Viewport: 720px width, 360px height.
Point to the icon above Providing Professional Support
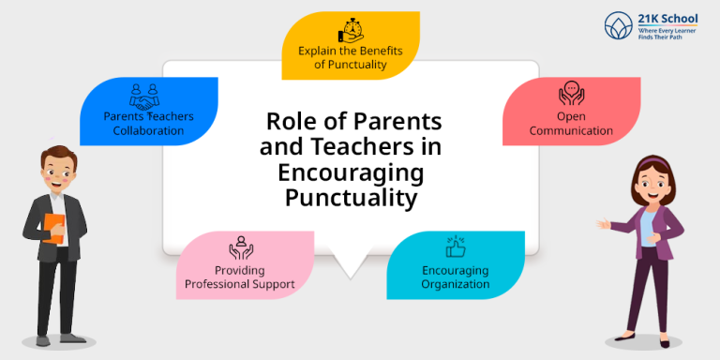(240, 247)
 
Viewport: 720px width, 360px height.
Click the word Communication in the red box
(571, 130)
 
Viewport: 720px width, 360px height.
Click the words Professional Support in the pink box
(240, 283)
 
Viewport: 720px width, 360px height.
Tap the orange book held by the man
(55, 229)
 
